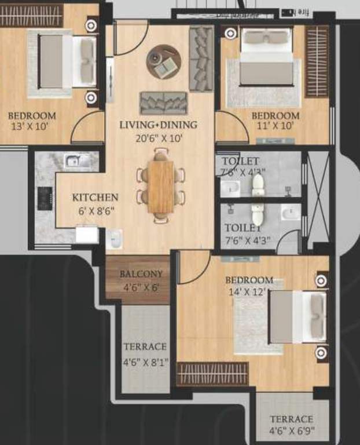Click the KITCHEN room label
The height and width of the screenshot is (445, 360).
coord(95,198)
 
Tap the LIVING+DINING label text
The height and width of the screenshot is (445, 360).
coord(158,125)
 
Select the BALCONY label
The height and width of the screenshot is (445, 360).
coord(141,273)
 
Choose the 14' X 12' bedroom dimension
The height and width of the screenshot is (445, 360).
coord(249,291)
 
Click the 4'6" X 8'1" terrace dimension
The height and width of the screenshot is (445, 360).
coord(145,363)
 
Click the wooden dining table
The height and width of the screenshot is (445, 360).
coord(161,186)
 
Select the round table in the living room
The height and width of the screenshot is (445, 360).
coord(164,61)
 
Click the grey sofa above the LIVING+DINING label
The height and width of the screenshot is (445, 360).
coord(163,103)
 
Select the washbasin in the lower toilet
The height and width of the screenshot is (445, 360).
coord(290,213)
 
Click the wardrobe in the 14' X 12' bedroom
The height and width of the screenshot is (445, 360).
coord(212,374)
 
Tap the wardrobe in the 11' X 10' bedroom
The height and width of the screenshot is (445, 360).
coord(317,60)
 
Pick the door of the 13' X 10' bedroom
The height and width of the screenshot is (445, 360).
coord(87,128)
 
